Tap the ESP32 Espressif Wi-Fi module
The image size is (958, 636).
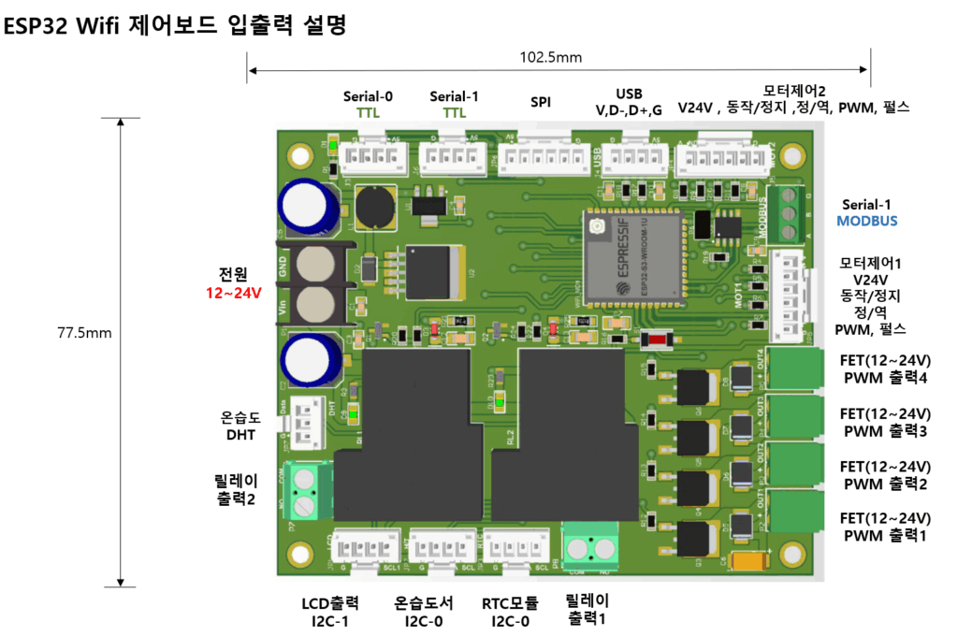point(637,256)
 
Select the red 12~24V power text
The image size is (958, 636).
point(233,294)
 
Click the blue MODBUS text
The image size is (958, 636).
point(866,221)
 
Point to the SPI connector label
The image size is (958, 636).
point(541,102)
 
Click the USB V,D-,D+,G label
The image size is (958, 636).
point(629,102)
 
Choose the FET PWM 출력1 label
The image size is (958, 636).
point(884,527)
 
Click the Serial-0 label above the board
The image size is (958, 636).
point(368,95)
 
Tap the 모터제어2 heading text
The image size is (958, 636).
point(793,91)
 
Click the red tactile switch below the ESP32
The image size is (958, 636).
point(657,340)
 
